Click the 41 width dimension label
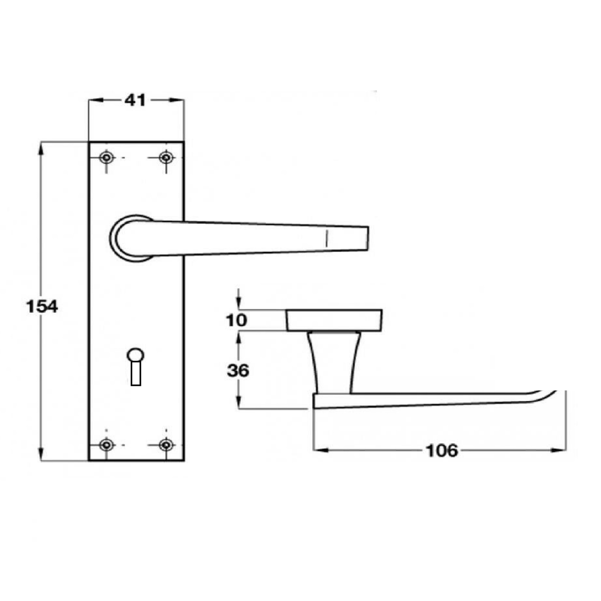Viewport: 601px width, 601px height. pos(136,100)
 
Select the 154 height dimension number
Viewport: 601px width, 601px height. pos(42,307)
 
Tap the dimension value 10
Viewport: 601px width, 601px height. pos(236,321)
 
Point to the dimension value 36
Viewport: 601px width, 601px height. pos(238,370)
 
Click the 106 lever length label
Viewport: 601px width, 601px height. pos(442,450)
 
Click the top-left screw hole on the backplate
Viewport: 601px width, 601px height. pos(106,158)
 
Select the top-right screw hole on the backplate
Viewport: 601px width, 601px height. pos(166,158)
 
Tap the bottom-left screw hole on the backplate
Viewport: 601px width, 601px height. pos(106,445)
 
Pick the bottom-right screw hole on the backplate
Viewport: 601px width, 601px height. pos(166,445)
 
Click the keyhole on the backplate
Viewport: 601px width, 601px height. pos(136,366)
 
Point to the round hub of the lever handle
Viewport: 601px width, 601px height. pos(129,239)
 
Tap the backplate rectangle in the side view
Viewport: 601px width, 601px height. pos(334,320)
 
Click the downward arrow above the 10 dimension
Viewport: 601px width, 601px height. pos(238,304)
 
